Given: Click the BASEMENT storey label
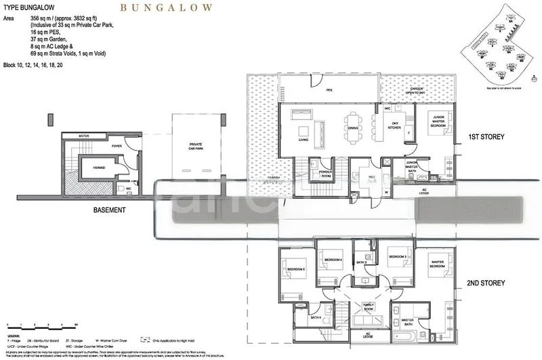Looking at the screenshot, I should (x=109, y=210).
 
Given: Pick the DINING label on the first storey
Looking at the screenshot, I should (x=352, y=128).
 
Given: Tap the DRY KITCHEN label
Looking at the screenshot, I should (x=396, y=125).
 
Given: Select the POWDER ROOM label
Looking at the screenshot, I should (x=318, y=174).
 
